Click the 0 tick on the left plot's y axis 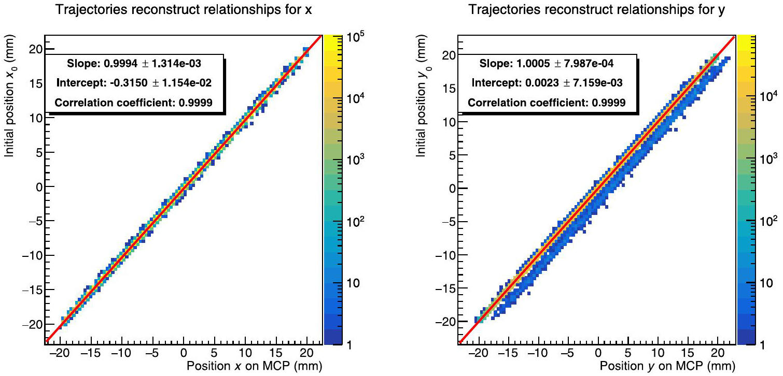tap(37, 187)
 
